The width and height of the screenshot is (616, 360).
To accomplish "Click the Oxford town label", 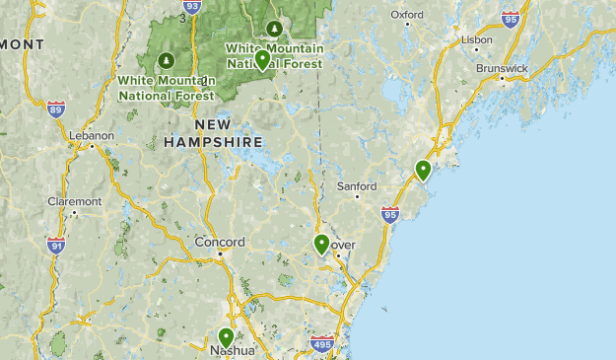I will click(406, 15).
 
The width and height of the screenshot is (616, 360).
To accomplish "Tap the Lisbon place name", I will click(477, 39).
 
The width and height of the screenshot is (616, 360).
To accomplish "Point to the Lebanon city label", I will click(93, 135).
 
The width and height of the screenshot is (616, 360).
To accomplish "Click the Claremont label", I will click(74, 201).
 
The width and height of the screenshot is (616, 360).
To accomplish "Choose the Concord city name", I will click(219, 242).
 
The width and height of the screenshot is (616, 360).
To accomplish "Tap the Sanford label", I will click(356, 185).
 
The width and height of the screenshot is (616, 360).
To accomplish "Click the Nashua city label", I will click(233, 350).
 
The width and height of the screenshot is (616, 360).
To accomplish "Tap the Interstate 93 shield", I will click(192, 7).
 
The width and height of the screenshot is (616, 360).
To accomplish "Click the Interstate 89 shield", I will click(55, 108).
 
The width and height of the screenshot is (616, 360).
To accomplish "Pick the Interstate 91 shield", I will click(56, 246).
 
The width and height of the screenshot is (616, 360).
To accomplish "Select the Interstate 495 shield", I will click(321, 344).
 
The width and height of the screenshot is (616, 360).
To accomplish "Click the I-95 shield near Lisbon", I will click(510, 18).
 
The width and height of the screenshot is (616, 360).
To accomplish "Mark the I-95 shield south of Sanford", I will click(390, 213).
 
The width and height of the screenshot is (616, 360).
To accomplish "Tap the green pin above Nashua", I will click(226, 337).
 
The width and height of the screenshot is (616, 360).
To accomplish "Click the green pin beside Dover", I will click(321, 244).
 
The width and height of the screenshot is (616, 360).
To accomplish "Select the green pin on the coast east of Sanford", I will click(423, 170).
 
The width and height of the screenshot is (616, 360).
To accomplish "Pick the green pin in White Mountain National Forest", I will click(262, 59).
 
